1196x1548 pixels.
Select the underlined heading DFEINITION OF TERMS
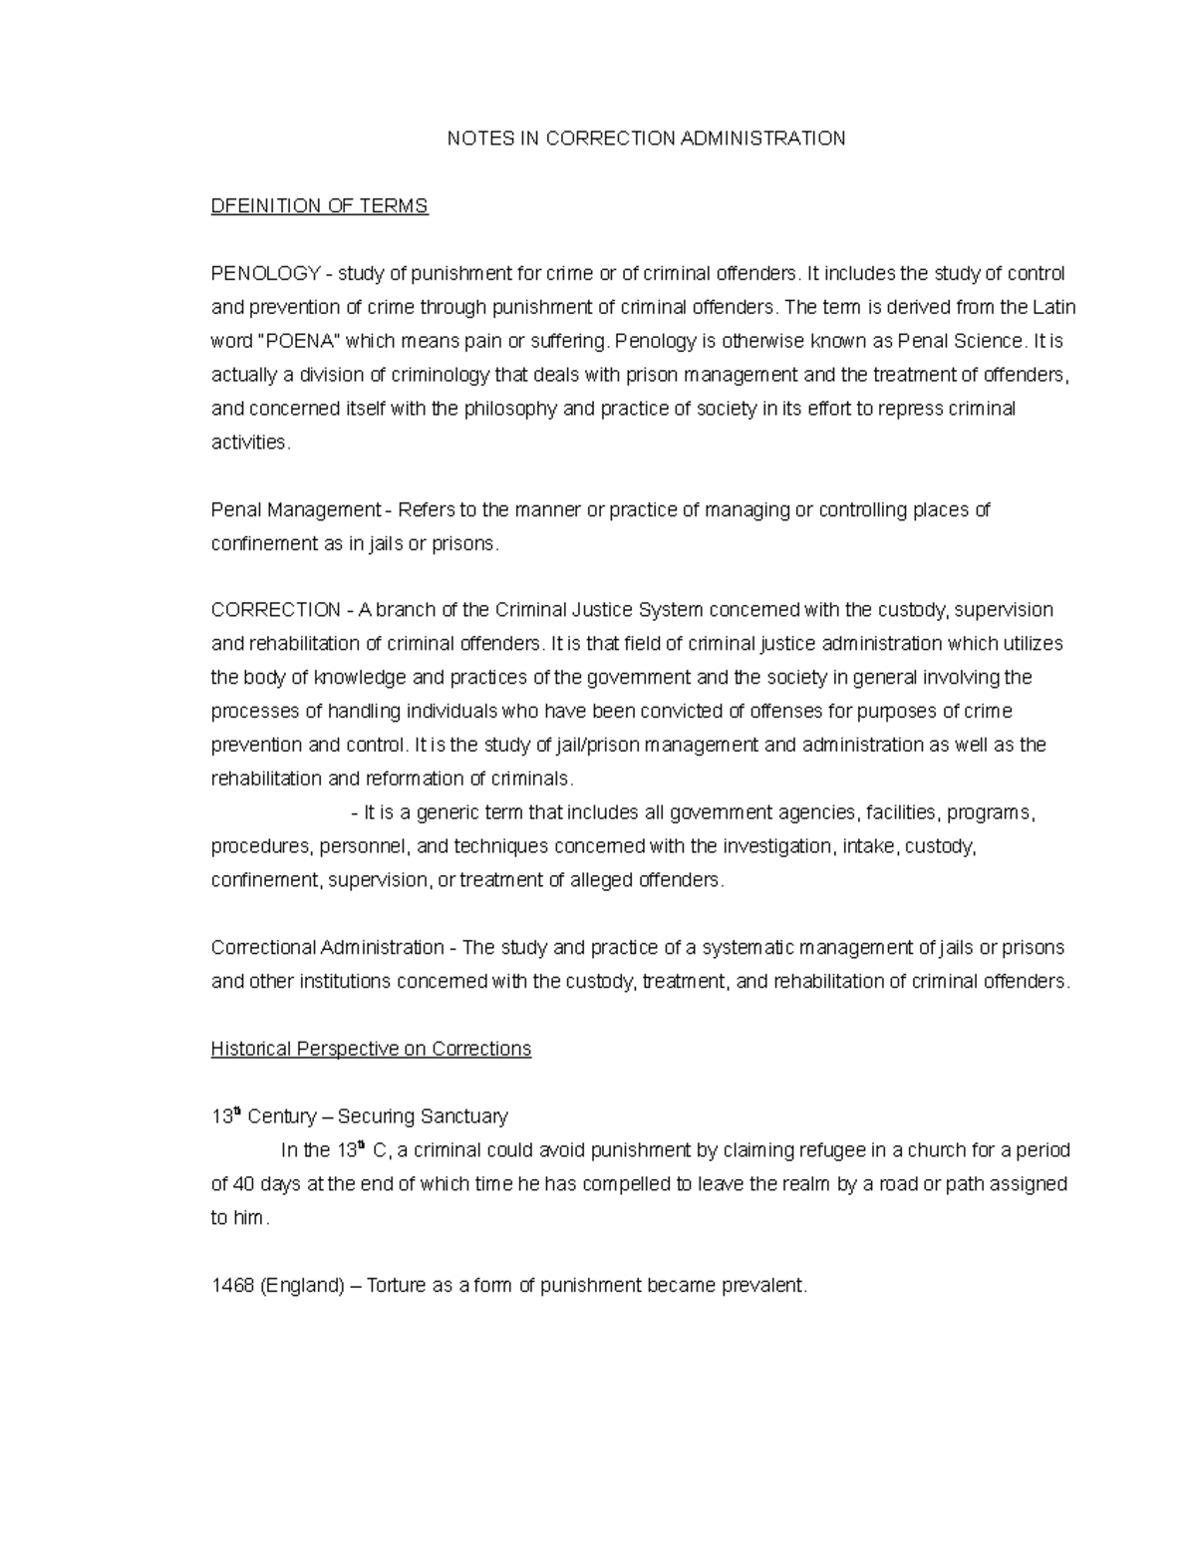click(x=319, y=206)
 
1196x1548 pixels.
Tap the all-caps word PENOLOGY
click(x=265, y=274)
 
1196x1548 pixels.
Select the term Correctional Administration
click(x=328, y=948)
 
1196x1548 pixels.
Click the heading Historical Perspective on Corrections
click(x=371, y=1050)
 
